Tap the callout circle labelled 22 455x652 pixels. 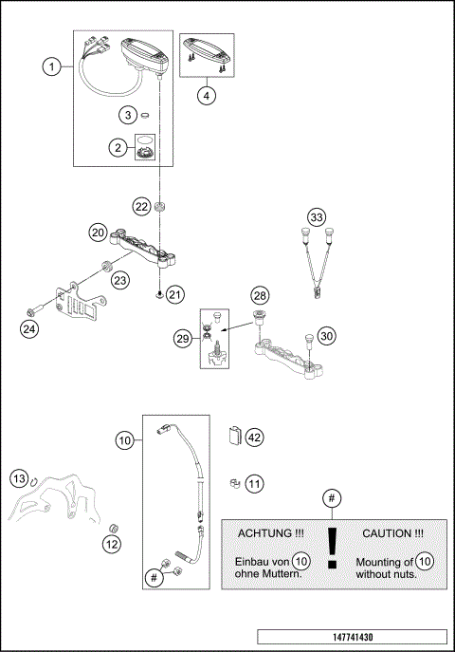141,206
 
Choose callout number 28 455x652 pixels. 260,297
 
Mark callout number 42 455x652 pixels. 253,438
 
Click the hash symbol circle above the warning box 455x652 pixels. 331,498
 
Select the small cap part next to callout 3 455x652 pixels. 147,116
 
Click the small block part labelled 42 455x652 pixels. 232,438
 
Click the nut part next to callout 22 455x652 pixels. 162,206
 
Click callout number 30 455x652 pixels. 326,335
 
